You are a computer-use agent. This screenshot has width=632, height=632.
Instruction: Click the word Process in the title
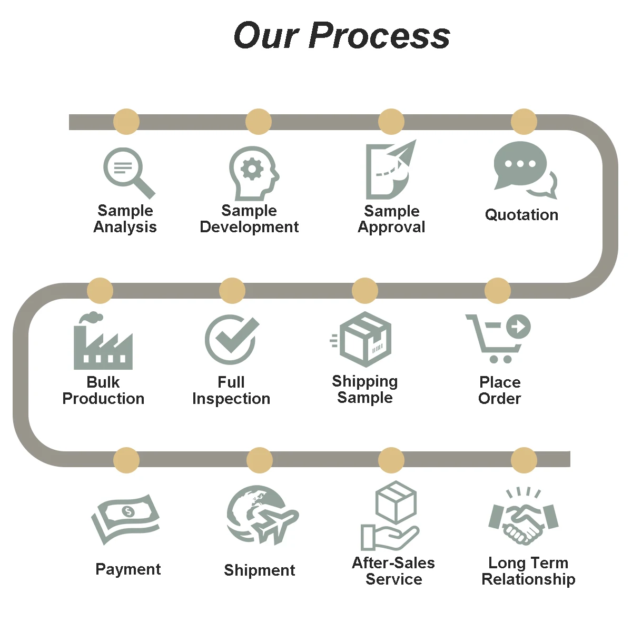(x=379, y=36)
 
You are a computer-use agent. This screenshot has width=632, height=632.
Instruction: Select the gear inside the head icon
(x=252, y=169)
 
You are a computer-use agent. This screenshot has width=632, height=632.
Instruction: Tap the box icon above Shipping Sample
(x=365, y=340)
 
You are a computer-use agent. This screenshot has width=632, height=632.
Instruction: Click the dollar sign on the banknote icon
(x=128, y=511)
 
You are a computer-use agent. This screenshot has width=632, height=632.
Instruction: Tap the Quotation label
(x=521, y=215)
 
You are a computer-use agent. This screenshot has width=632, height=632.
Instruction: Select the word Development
(x=249, y=227)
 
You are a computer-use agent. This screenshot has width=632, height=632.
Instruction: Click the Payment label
(x=128, y=569)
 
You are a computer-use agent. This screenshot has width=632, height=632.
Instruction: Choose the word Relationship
(x=528, y=579)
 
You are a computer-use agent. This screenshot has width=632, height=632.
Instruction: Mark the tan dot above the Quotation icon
(x=524, y=122)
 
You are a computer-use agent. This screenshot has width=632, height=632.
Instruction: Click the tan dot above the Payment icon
(x=126, y=460)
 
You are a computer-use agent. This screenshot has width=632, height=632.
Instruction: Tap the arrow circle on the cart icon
(x=518, y=327)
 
